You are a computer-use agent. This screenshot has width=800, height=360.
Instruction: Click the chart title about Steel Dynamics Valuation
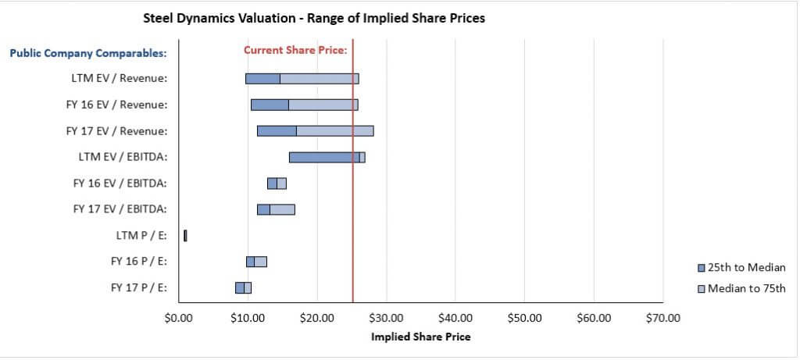314,18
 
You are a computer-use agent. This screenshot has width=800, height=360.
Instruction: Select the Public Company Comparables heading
88,53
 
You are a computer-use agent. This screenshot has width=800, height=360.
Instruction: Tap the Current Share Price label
295,50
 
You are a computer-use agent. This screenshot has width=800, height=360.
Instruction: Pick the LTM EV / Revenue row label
120,78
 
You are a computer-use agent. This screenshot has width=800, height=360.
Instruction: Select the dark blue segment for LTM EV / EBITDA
324,157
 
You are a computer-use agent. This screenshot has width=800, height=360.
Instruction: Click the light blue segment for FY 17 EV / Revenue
334,130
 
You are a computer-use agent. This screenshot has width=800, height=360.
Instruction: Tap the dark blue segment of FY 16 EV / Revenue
270,105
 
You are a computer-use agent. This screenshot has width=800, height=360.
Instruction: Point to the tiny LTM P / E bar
185,235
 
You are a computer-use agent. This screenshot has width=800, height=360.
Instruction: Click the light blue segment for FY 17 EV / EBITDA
282,209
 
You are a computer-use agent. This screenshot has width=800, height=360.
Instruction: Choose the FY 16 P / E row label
139,261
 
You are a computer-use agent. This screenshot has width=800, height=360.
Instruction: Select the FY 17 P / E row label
139,287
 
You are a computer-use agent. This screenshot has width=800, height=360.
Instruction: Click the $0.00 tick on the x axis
179,317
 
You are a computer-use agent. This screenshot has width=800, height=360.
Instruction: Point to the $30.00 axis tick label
387,317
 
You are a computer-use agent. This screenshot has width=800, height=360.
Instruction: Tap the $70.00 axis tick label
663,317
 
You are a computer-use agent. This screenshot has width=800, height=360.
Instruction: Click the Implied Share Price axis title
420,337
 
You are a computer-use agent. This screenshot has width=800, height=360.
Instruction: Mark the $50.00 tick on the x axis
525,317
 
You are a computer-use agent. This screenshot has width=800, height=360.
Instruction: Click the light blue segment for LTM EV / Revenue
319,78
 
